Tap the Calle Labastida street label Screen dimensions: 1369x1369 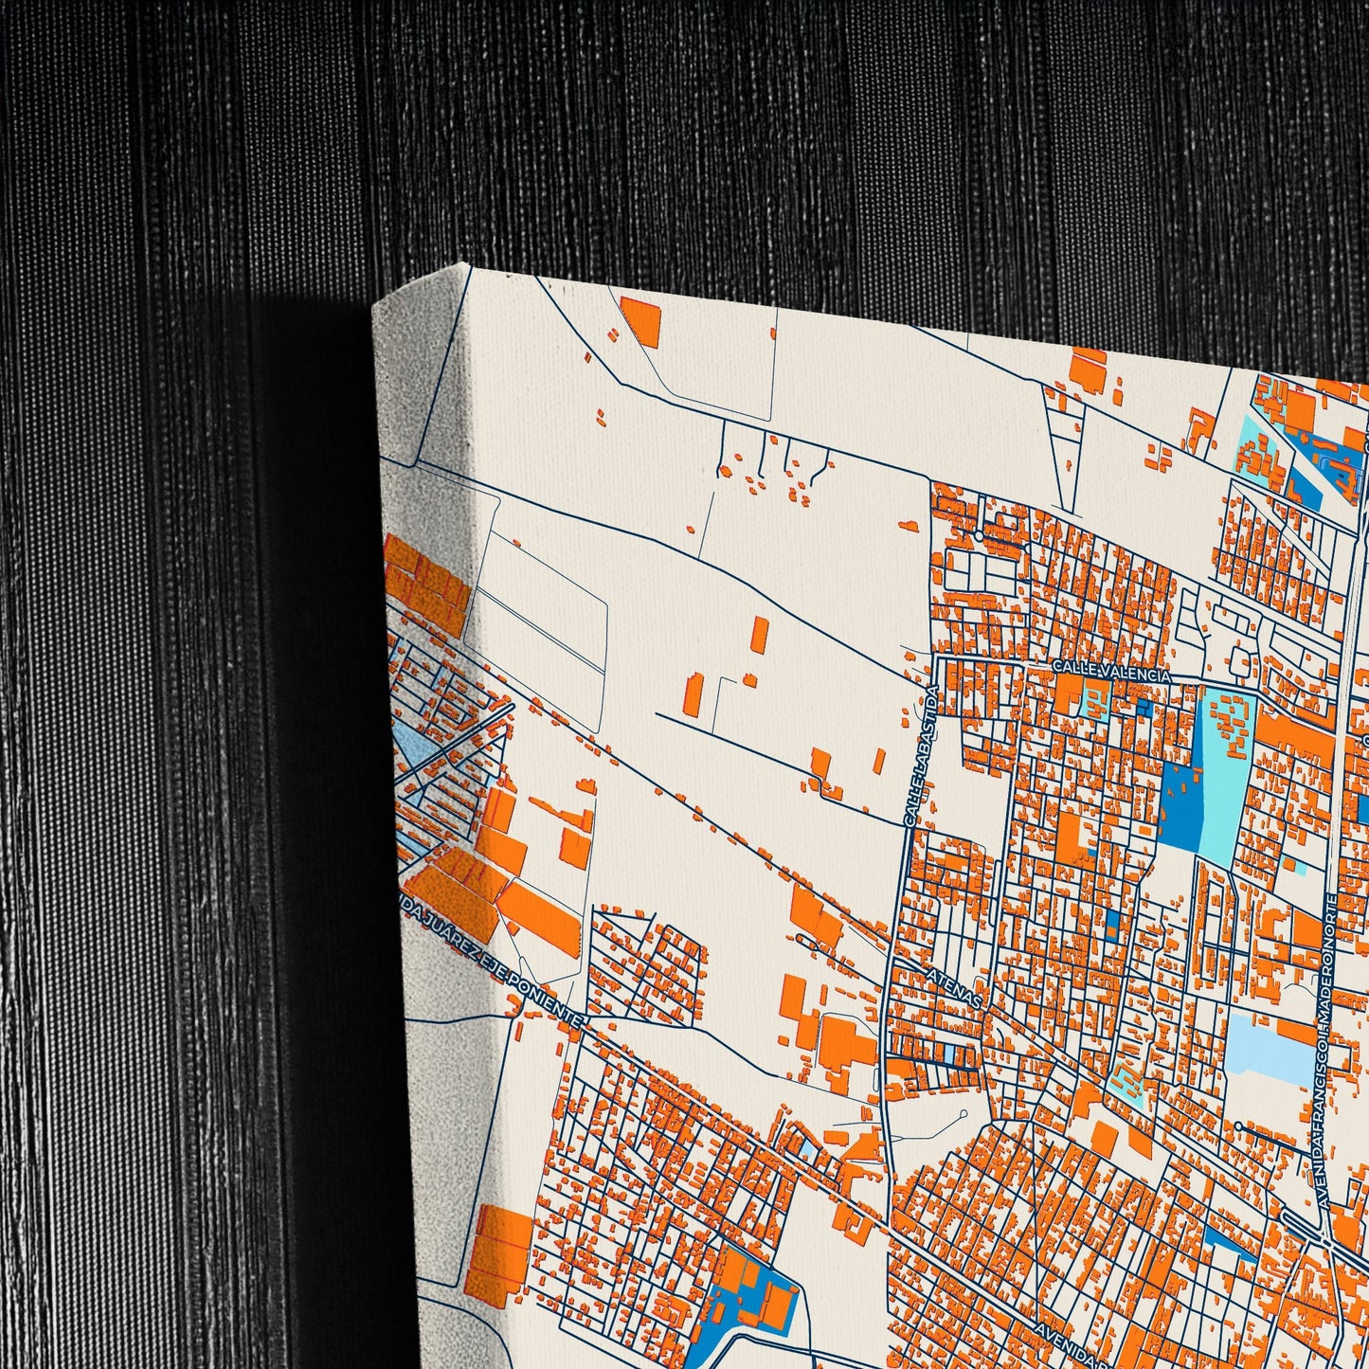pos(922,758)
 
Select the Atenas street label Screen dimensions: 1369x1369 pos(957,986)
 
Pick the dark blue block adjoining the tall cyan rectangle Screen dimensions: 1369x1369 pos(1180,805)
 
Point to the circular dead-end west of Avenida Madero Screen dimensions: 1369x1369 pos(1238,1126)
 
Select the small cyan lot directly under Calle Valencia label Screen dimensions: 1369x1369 pos(1096,701)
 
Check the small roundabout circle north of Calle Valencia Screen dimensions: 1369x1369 pos(979,535)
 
